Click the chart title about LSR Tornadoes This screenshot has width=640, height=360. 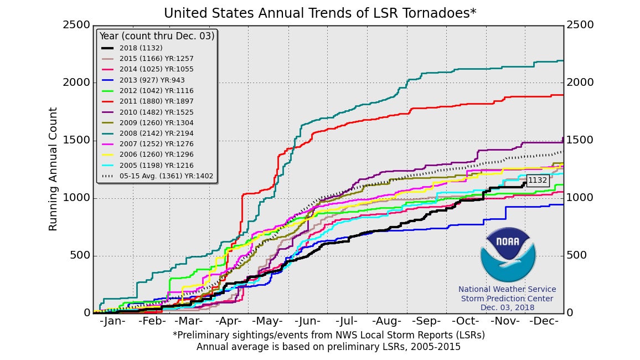[320, 13]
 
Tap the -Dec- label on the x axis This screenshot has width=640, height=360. [544, 322]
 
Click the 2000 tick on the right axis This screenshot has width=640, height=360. [579, 83]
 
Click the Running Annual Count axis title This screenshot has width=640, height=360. [53, 169]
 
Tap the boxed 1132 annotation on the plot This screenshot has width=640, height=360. [537, 180]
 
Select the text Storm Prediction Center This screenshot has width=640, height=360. [507, 299]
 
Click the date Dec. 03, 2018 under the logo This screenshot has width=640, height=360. [507, 308]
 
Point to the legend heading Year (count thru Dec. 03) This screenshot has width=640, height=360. [157, 37]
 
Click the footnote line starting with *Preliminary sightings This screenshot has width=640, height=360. [328, 335]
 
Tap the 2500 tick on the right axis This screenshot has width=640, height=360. [579, 25]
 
